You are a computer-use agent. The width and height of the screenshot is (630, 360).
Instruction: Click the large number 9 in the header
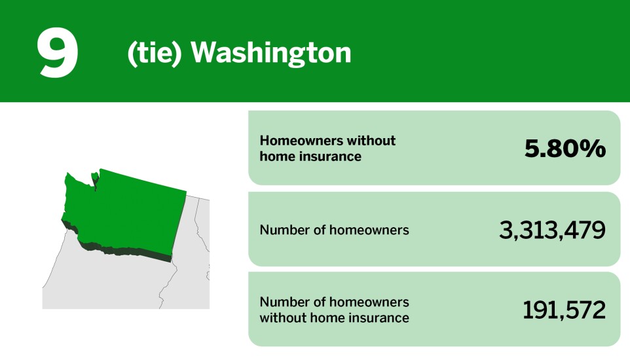pyautogui.click(x=58, y=54)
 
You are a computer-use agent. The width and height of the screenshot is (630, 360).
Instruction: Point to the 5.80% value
pyautogui.click(x=565, y=149)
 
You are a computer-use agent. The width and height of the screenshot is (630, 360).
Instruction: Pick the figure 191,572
pyautogui.click(x=564, y=310)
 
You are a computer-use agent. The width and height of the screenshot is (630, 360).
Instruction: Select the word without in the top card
pyautogui.click(x=371, y=141)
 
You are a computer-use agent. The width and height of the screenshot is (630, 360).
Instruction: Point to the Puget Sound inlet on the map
pyautogui.click(x=96, y=183)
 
